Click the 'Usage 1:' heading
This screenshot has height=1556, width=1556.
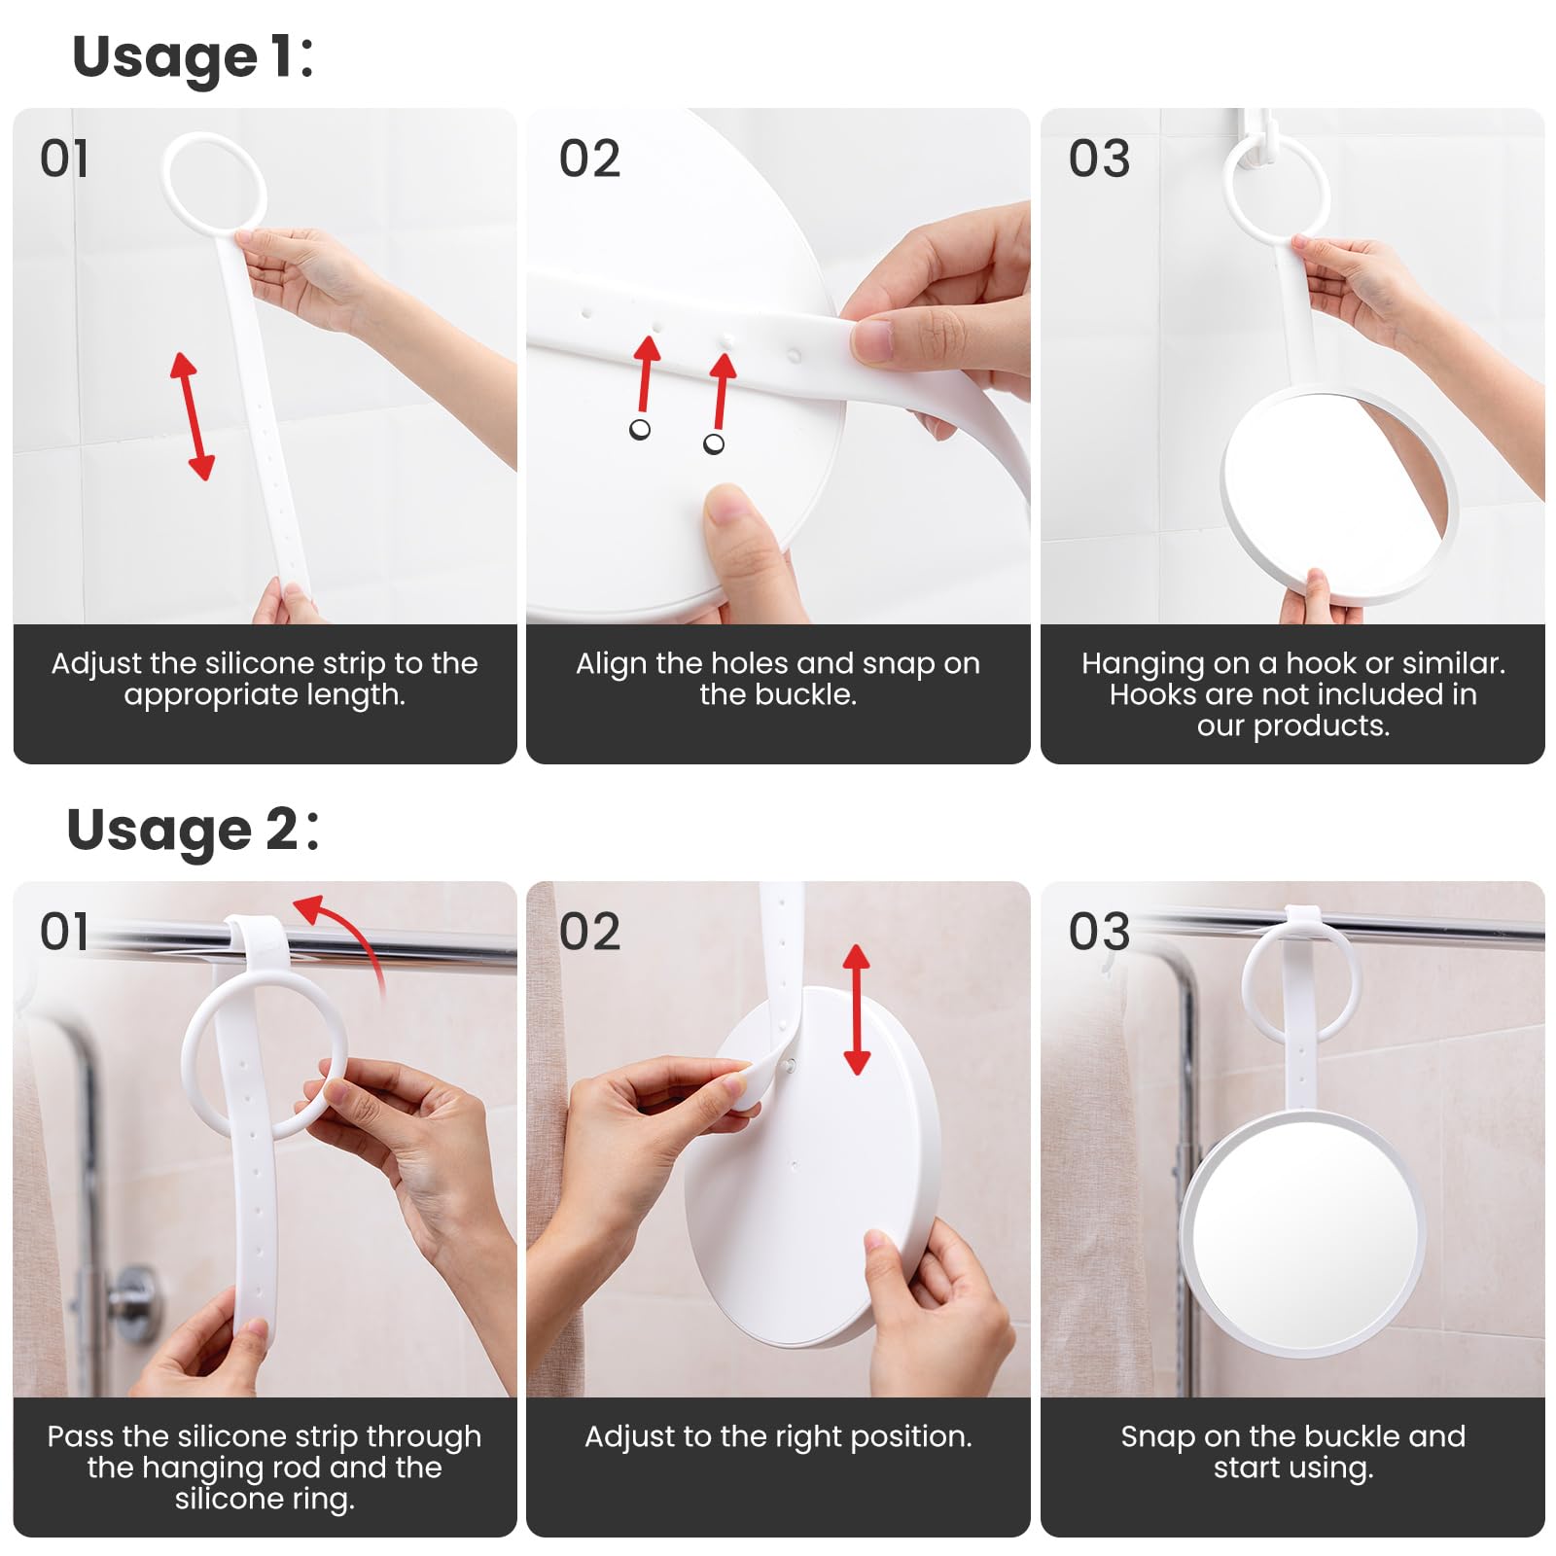(193, 56)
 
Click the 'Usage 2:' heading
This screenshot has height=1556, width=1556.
(192, 830)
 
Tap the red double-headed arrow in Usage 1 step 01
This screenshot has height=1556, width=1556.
(193, 416)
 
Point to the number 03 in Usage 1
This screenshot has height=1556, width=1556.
(1099, 159)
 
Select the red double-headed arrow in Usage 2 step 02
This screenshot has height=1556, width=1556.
(856, 1009)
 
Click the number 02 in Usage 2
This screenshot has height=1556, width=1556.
(589, 932)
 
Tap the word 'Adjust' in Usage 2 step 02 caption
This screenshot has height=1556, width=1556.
(630, 1437)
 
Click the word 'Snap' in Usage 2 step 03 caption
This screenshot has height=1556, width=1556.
(1157, 1437)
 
